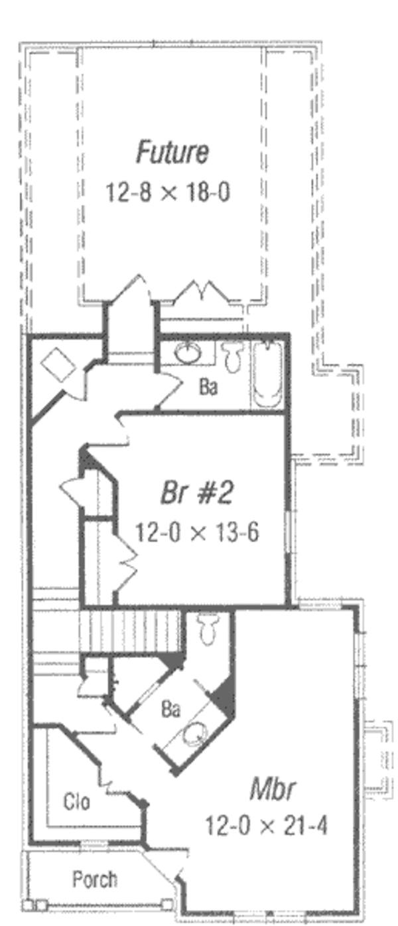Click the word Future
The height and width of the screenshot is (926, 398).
[x=172, y=152]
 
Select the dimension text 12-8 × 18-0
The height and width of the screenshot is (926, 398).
[x=168, y=193]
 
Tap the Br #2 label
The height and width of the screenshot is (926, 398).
[x=197, y=493]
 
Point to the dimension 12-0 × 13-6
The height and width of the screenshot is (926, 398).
[x=197, y=532]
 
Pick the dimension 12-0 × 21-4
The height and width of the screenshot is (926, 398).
[x=266, y=826]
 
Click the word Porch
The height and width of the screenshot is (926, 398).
[x=95, y=880]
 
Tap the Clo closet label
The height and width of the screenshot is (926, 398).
[x=76, y=802]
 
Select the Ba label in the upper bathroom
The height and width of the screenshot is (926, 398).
[x=208, y=388]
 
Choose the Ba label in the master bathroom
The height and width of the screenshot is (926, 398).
[x=170, y=710]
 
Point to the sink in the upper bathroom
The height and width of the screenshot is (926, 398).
[x=188, y=352]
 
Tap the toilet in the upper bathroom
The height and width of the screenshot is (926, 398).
[x=233, y=356]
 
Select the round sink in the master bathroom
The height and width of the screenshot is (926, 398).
[x=195, y=735]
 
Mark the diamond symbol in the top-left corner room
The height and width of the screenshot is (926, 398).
[x=58, y=365]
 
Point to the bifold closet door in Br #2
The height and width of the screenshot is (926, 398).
[x=125, y=560]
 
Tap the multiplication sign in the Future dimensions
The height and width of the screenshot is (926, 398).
[x=168, y=193]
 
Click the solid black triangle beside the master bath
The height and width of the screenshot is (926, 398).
[x=223, y=698]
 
